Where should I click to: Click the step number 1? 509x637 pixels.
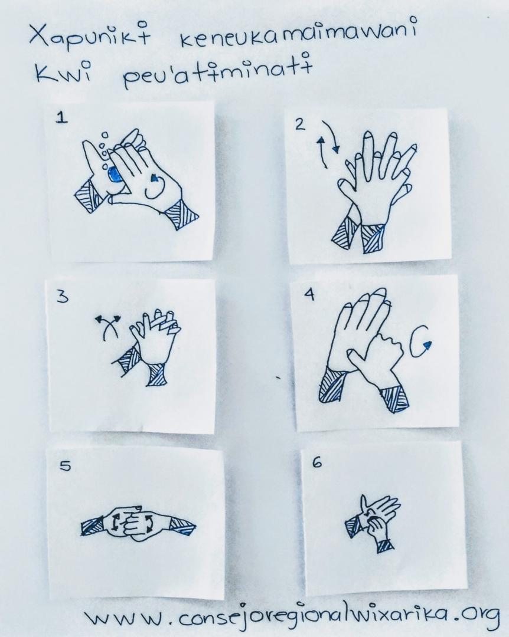point(61,117)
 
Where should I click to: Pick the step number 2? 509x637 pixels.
point(301,124)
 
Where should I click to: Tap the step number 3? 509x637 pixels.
point(62,297)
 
